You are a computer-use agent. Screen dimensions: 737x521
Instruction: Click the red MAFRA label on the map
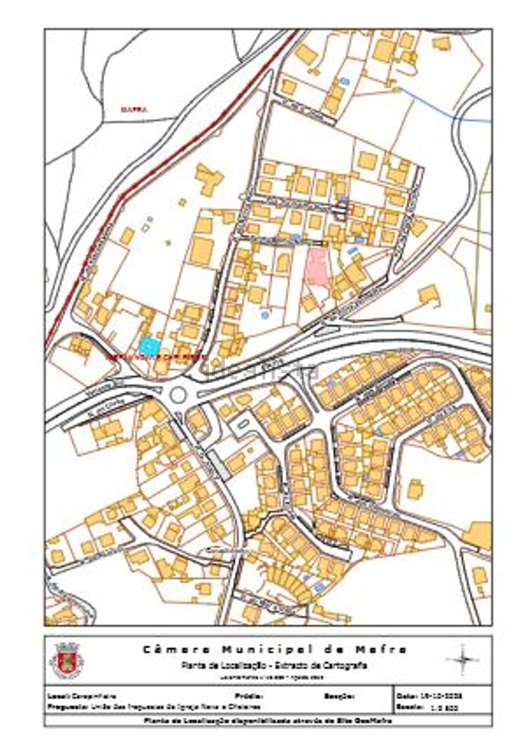click(x=134, y=110)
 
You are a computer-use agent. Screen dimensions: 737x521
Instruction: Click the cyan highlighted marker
click(x=149, y=345)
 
